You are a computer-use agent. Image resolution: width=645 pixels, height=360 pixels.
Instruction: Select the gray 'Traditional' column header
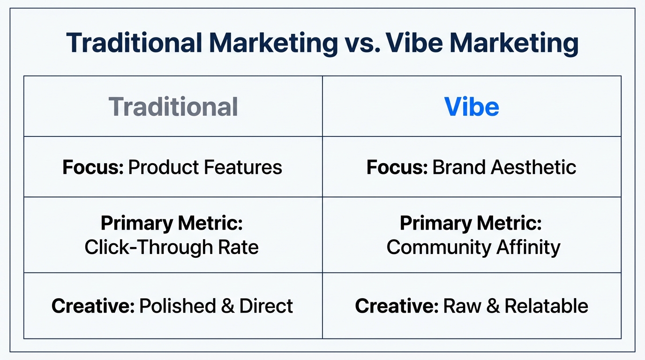(x=173, y=107)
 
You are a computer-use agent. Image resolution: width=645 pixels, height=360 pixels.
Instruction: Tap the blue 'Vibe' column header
(x=472, y=107)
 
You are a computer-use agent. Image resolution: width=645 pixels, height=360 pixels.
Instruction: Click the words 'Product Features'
(x=205, y=167)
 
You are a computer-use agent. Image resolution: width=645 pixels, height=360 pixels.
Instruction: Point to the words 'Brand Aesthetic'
(x=504, y=167)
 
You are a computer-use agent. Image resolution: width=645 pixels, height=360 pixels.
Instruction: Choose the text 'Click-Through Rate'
(x=172, y=247)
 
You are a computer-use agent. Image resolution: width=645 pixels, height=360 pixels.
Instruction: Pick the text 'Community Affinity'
(x=473, y=247)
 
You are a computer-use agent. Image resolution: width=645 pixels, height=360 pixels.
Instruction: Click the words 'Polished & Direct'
(x=216, y=306)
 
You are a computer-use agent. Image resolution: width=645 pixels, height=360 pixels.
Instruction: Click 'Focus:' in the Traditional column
(x=93, y=167)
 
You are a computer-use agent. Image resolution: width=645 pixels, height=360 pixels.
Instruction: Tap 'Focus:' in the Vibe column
(x=397, y=167)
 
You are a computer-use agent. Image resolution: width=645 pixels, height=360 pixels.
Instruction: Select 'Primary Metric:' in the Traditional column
(x=172, y=224)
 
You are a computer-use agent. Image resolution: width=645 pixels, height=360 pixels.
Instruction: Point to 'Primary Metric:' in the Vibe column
(x=471, y=224)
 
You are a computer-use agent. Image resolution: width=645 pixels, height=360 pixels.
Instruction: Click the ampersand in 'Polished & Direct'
(x=227, y=306)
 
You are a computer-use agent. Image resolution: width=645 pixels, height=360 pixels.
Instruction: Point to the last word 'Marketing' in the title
(x=514, y=43)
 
